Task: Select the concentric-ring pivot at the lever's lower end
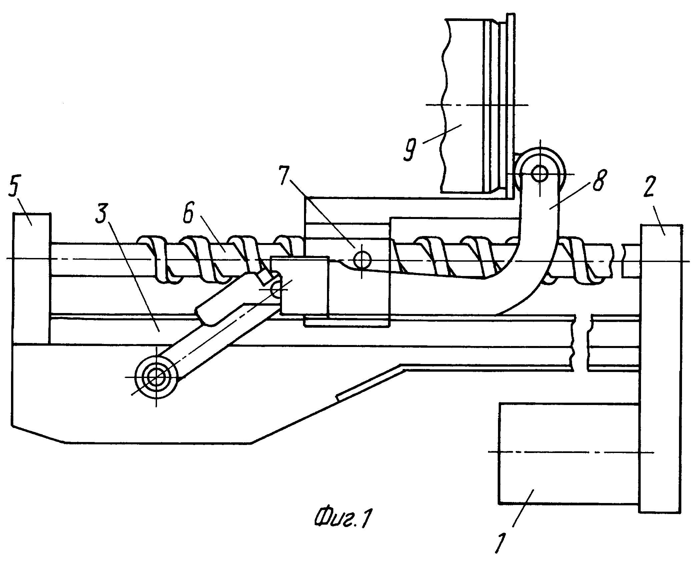[x=155, y=377]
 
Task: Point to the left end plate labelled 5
[x=32, y=279]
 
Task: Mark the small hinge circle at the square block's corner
[x=277, y=289]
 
